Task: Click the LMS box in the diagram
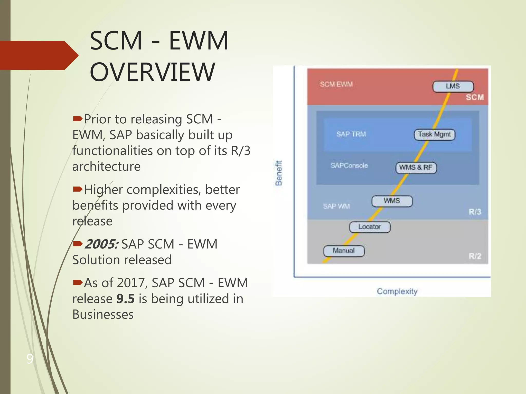coord(453,86)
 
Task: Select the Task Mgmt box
coord(434,134)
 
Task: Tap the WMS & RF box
coord(416,168)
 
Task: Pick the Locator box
coord(370,227)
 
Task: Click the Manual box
coord(344,251)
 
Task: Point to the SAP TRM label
coord(351,134)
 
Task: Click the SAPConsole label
coord(349,166)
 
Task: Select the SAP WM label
coord(336,206)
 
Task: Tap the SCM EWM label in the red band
coord(336,84)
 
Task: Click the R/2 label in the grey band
coord(475,256)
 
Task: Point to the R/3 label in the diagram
coord(475,212)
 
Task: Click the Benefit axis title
coord(279,173)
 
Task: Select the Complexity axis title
coord(397,291)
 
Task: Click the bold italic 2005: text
coord(101,244)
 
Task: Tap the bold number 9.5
coord(125,299)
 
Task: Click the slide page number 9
coord(30,359)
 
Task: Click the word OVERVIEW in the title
coord(152,72)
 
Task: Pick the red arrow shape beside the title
coord(39,55)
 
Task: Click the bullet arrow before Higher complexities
coord(78,190)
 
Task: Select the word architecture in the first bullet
coord(106,166)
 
